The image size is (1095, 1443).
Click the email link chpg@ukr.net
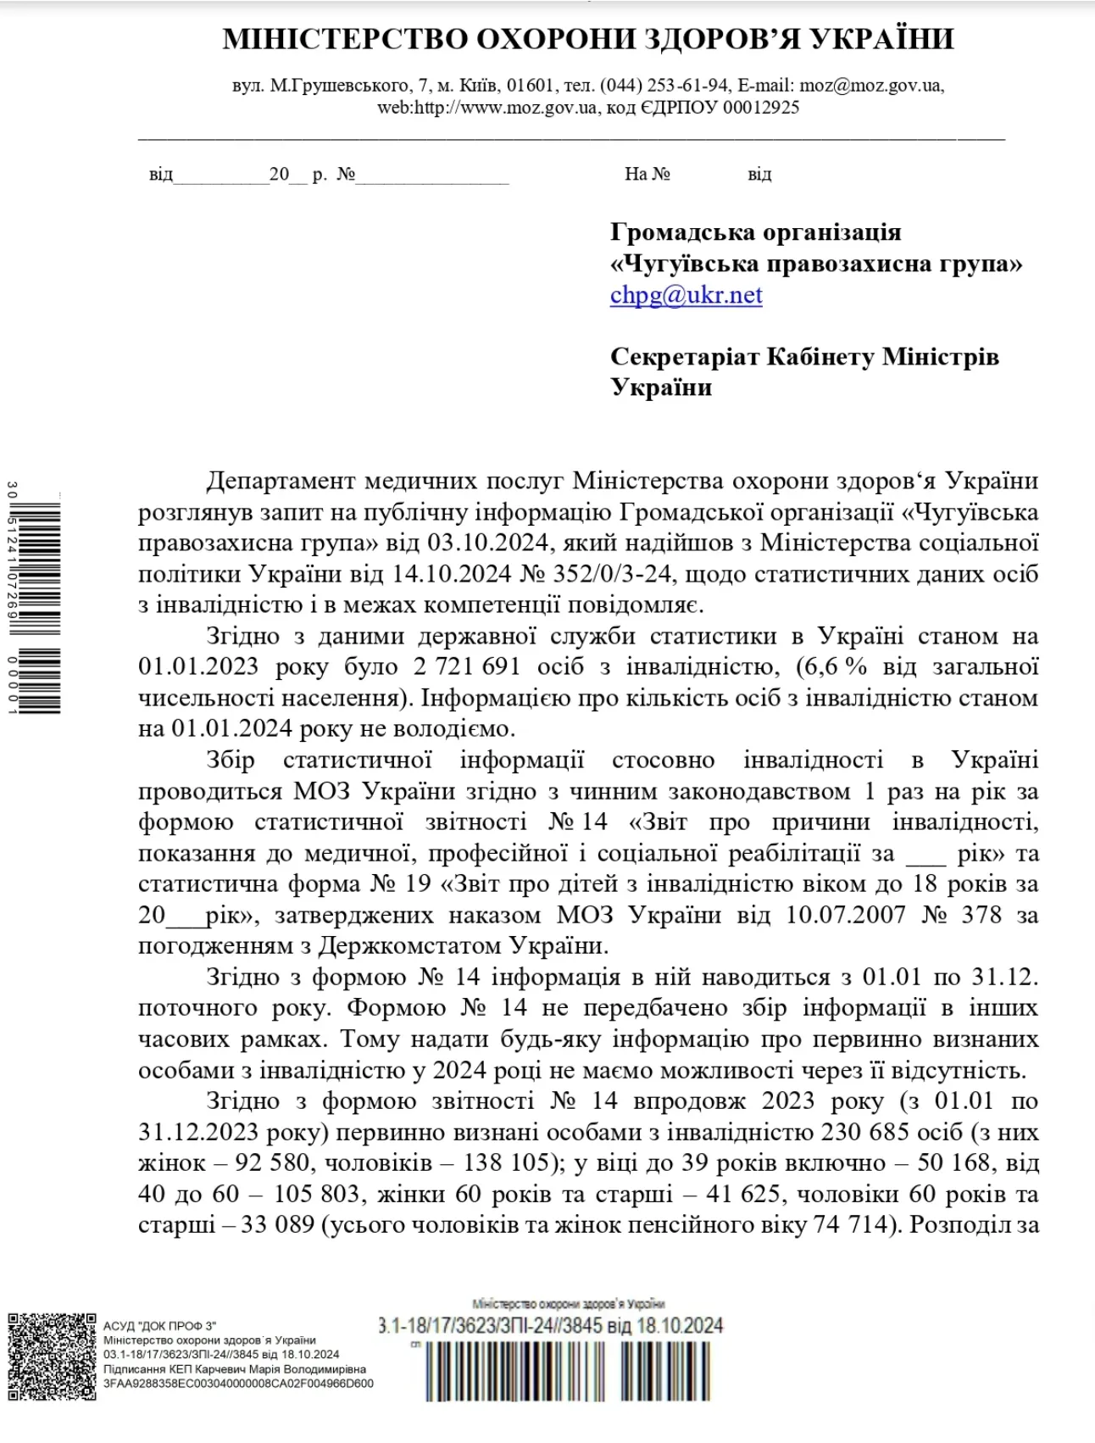click(686, 295)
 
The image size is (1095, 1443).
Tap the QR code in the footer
click(52, 1357)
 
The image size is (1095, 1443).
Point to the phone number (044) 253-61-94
click(664, 86)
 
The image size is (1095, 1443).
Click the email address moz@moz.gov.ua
click(870, 86)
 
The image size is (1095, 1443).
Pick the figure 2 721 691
click(467, 666)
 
